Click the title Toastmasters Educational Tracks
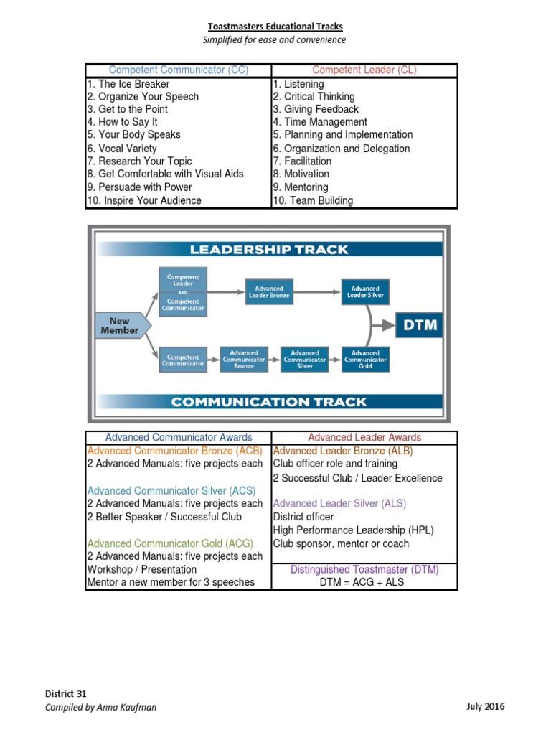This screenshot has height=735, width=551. (x=275, y=27)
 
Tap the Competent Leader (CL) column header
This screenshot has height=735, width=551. (x=364, y=70)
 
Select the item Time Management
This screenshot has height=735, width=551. (x=319, y=122)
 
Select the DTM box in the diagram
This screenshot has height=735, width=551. (x=420, y=325)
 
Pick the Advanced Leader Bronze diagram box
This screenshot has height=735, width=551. (x=269, y=291)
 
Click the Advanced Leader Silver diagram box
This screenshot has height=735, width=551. (x=365, y=291)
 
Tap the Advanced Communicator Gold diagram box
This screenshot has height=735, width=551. (x=365, y=359)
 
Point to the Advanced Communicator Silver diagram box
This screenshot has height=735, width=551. (x=305, y=359)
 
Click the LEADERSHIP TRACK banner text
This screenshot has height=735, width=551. (x=269, y=250)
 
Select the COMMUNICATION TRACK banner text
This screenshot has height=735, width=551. (x=269, y=402)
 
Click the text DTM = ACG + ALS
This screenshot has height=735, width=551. (x=364, y=582)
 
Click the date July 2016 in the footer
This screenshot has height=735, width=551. (x=485, y=707)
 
